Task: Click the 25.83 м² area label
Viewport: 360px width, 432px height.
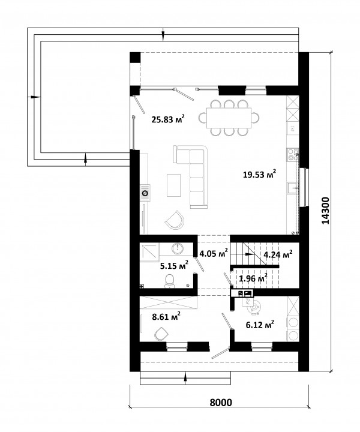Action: tap(168, 119)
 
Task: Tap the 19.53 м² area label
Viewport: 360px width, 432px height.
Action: tap(259, 174)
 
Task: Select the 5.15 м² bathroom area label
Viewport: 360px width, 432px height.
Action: tap(175, 266)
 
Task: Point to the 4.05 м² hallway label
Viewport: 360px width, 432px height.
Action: tap(214, 253)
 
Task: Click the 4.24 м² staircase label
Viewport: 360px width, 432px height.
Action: tap(278, 254)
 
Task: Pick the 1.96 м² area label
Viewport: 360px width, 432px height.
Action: tap(253, 278)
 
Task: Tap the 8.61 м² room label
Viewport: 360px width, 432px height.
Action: tap(166, 317)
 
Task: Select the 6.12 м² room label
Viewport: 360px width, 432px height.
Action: tap(260, 325)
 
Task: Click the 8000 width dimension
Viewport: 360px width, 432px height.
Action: tap(221, 403)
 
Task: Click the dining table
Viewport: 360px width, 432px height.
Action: tap(229, 118)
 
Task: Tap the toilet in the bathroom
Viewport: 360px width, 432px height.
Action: tap(170, 281)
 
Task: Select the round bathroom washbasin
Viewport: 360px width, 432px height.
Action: tap(178, 248)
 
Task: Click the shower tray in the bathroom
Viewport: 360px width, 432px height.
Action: tap(149, 251)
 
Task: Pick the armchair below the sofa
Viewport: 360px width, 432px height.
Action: tap(175, 220)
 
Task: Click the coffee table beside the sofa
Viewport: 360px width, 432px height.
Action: tap(173, 185)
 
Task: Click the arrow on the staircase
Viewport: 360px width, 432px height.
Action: tap(250, 254)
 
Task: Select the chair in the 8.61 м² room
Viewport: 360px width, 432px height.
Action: tap(161, 334)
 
